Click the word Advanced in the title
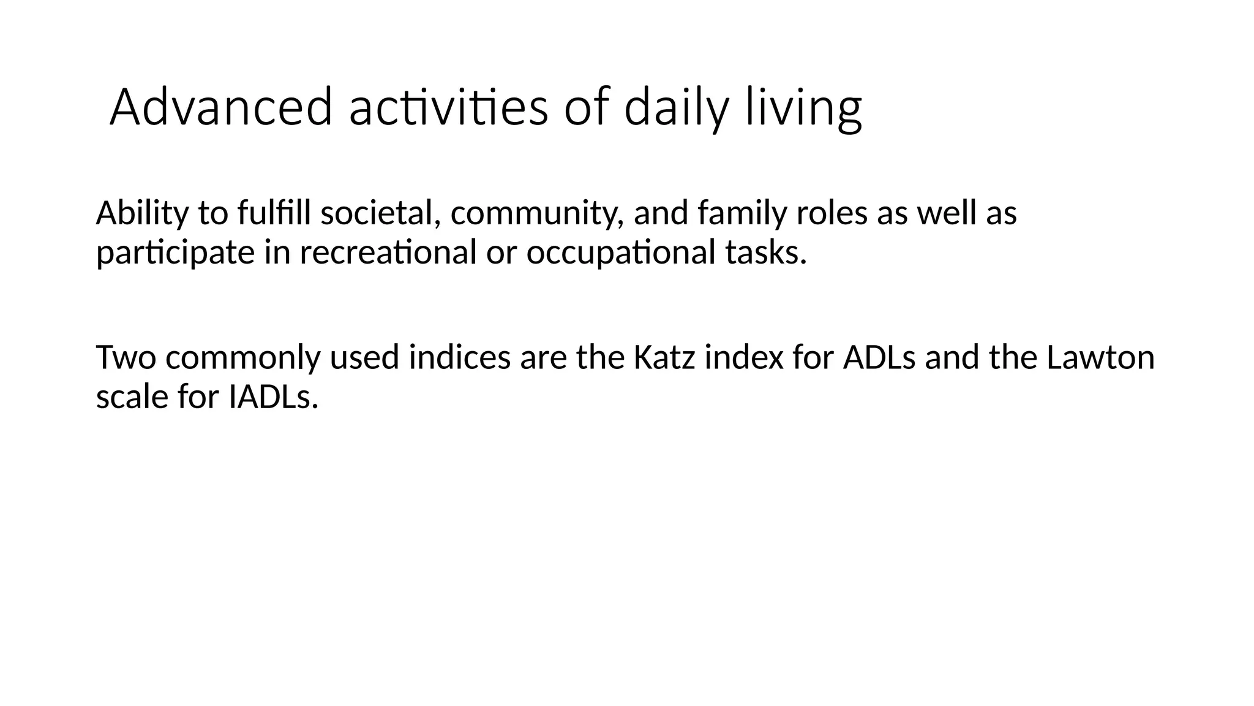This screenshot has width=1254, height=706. (221, 108)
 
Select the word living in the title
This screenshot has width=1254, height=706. (803, 108)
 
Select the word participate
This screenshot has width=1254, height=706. (175, 253)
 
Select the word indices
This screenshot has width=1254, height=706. (459, 358)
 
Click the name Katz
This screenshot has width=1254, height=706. (663, 358)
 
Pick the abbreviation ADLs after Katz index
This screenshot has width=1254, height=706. (879, 358)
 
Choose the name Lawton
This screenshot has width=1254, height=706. (1100, 358)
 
